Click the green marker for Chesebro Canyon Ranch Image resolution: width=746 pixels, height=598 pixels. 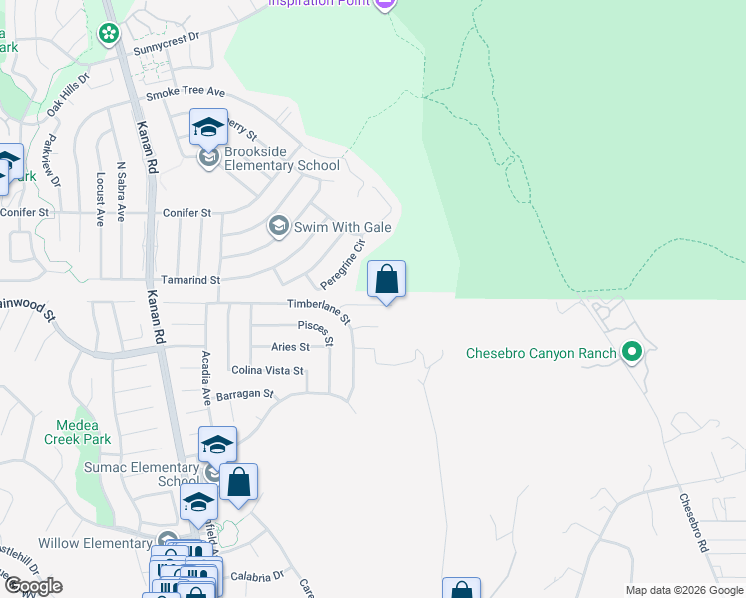(x=631, y=352)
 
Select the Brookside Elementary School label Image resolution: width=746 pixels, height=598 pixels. (x=282, y=158)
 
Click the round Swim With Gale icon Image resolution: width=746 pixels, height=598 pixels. (x=279, y=227)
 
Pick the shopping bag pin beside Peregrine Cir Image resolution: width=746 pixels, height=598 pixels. (x=387, y=280)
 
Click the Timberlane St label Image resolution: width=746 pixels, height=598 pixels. (x=319, y=310)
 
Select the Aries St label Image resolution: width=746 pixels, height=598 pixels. (x=290, y=347)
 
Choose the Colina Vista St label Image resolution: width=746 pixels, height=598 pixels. (x=267, y=370)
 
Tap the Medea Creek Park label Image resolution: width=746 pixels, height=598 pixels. (x=77, y=431)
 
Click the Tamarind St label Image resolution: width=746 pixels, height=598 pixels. (x=189, y=281)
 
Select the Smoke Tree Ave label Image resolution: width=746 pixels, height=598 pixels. (x=186, y=94)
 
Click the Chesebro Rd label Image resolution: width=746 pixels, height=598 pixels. (x=693, y=523)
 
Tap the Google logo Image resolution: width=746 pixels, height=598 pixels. (x=32, y=586)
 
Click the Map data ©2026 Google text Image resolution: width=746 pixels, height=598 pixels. (x=683, y=590)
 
